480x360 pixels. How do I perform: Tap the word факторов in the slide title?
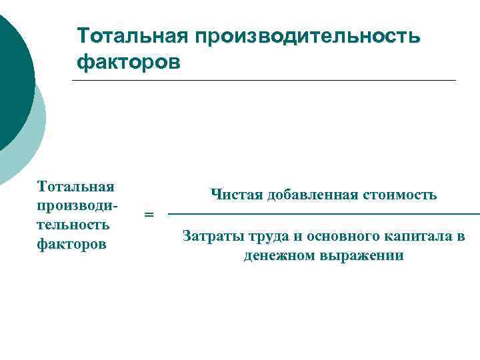click(x=128, y=62)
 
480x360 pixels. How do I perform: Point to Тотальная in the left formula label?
click(x=76, y=185)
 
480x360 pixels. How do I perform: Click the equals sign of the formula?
click(x=149, y=215)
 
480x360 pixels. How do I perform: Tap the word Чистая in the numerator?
click(x=236, y=195)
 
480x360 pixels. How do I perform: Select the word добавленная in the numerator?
click(x=311, y=195)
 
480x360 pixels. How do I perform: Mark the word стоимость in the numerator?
click(x=400, y=195)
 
